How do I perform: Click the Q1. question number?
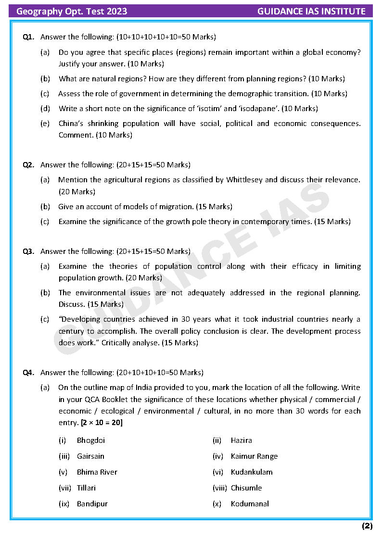coord(28,37)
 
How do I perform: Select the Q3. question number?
coord(28,251)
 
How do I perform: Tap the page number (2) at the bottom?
coord(367,526)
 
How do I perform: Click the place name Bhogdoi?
coord(91,440)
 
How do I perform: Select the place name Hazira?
coord(241,440)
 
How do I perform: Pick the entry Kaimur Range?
coord(254,456)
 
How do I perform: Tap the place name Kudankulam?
coord(252,472)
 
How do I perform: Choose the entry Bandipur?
coord(92,504)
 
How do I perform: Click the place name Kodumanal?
coord(250,504)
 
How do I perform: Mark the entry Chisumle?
coord(246,488)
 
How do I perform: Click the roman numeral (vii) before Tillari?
coord(65,488)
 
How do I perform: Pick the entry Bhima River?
coord(97,472)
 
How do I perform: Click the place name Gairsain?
coord(90,456)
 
